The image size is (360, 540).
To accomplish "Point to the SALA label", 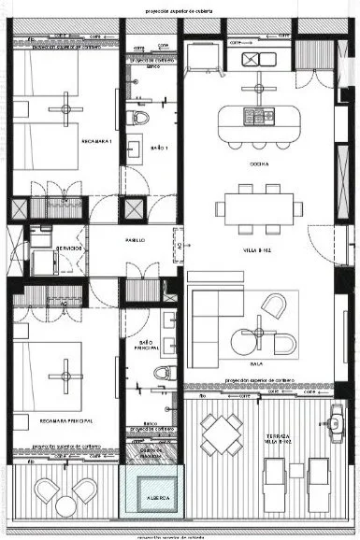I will click(x=258, y=364).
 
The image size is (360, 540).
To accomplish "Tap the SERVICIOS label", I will click(x=70, y=248).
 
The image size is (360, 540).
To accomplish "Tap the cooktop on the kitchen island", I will click(x=254, y=117).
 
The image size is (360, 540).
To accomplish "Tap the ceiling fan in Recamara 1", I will click(x=65, y=107).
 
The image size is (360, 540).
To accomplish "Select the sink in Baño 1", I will click(x=135, y=149).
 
